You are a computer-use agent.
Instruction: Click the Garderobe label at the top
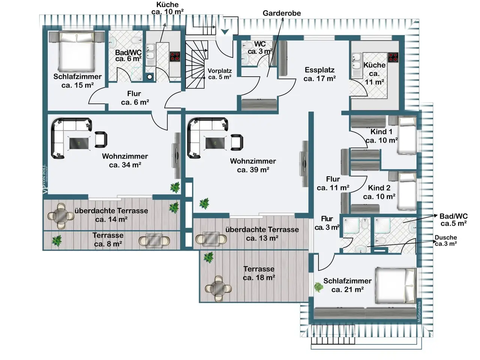282,13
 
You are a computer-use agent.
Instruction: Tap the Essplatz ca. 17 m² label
319,74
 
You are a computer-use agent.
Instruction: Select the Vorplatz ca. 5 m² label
219,74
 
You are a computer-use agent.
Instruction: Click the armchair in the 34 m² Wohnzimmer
101,139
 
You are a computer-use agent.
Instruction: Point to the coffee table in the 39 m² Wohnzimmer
215,143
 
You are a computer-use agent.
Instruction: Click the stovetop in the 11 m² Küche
393,57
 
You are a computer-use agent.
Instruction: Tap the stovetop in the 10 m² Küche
175,56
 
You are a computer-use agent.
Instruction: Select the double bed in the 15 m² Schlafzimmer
76,52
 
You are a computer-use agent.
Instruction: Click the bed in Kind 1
407,135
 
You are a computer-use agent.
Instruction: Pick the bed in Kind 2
407,191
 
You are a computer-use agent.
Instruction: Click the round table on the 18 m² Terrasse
218,288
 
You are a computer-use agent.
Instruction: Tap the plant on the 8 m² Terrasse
57,241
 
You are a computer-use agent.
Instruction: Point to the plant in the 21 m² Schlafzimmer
319,287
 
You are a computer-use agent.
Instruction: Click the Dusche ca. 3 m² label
445,240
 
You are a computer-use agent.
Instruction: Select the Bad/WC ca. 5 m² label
454,220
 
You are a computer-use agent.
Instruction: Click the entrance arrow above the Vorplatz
225,32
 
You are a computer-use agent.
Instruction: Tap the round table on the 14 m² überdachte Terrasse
61,216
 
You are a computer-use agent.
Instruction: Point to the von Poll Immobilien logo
45,179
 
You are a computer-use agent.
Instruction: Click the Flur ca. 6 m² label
135,98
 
